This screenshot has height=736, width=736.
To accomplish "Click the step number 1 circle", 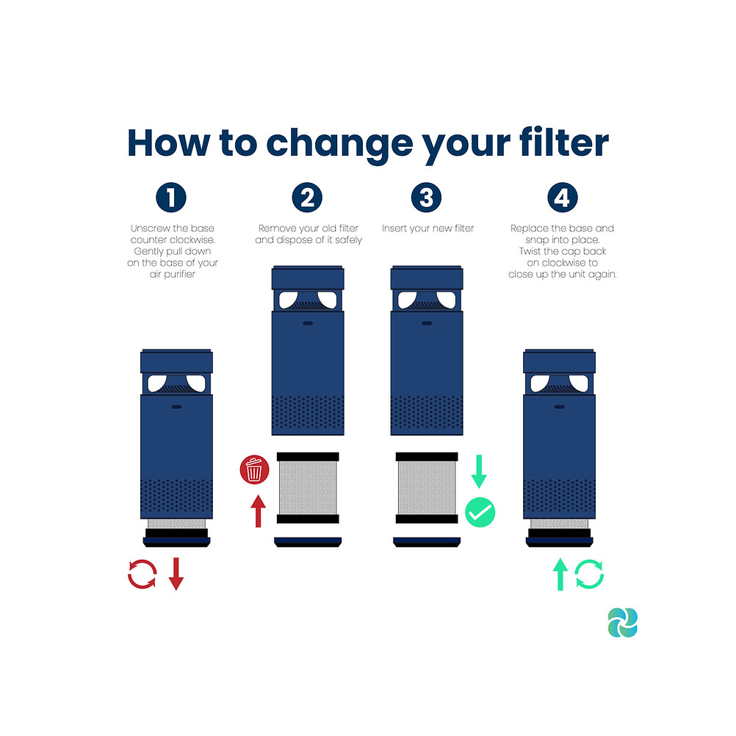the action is point(171,197).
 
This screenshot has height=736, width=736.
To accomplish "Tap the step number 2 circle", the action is point(307,197).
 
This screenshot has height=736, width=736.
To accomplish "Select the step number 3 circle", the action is point(426,197).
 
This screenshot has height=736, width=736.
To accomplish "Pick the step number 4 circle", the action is point(563,197).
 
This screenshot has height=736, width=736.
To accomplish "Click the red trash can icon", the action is point(254,469).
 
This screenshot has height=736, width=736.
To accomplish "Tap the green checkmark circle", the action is point(480,512).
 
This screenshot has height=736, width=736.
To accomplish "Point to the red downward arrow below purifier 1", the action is point(176,574).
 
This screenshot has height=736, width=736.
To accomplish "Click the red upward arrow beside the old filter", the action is point(258,511).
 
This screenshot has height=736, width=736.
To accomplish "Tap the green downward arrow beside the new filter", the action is point(479,472).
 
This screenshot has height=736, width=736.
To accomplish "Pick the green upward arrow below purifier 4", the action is point(560,574).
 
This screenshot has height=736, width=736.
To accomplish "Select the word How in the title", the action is point(168,142).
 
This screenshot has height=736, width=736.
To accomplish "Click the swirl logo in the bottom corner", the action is point(622,622).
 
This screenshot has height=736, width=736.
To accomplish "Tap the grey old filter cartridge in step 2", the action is point(308,488).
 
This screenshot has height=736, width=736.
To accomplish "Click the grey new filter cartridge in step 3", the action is point(427,488).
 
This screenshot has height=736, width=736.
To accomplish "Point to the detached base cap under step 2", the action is point(308,542).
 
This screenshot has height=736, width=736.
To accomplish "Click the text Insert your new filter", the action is point(427,228).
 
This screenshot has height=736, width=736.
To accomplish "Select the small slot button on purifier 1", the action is point(176,406).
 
